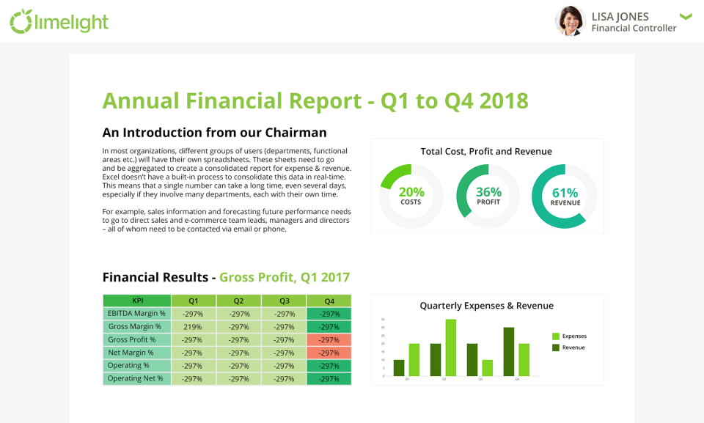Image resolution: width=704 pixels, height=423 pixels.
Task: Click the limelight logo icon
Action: [x=20, y=21]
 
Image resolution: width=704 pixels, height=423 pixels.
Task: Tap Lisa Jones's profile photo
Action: [x=569, y=21]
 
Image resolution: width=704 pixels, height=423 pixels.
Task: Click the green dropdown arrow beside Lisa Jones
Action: [x=686, y=16]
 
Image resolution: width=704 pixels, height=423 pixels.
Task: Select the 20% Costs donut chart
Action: [x=411, y=196]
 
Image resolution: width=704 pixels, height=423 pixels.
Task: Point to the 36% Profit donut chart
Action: [x=488, y=196]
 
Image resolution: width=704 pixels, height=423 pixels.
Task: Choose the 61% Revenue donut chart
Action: [x=565, y=196]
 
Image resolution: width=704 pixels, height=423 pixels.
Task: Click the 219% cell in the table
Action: [x=193, y=327]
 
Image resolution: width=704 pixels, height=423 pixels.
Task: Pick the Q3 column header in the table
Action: [x=284, y=301]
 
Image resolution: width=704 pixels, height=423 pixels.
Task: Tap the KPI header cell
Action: [x=137, y=301]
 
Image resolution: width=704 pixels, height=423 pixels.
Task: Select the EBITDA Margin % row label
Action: [x=137, y=314]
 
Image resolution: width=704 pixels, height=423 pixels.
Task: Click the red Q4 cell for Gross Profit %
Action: [x=329, y=340]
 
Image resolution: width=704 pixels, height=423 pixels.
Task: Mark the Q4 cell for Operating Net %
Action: [x=329, y=379]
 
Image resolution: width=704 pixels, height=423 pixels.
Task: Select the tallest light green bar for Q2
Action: [x=450, y=347]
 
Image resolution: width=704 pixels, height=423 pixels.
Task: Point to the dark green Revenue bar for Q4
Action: [x=509, y=352]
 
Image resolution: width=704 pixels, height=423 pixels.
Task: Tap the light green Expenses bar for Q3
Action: [x=487, y=367]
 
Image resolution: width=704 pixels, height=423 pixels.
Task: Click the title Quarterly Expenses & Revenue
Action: [x=486, y=306]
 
